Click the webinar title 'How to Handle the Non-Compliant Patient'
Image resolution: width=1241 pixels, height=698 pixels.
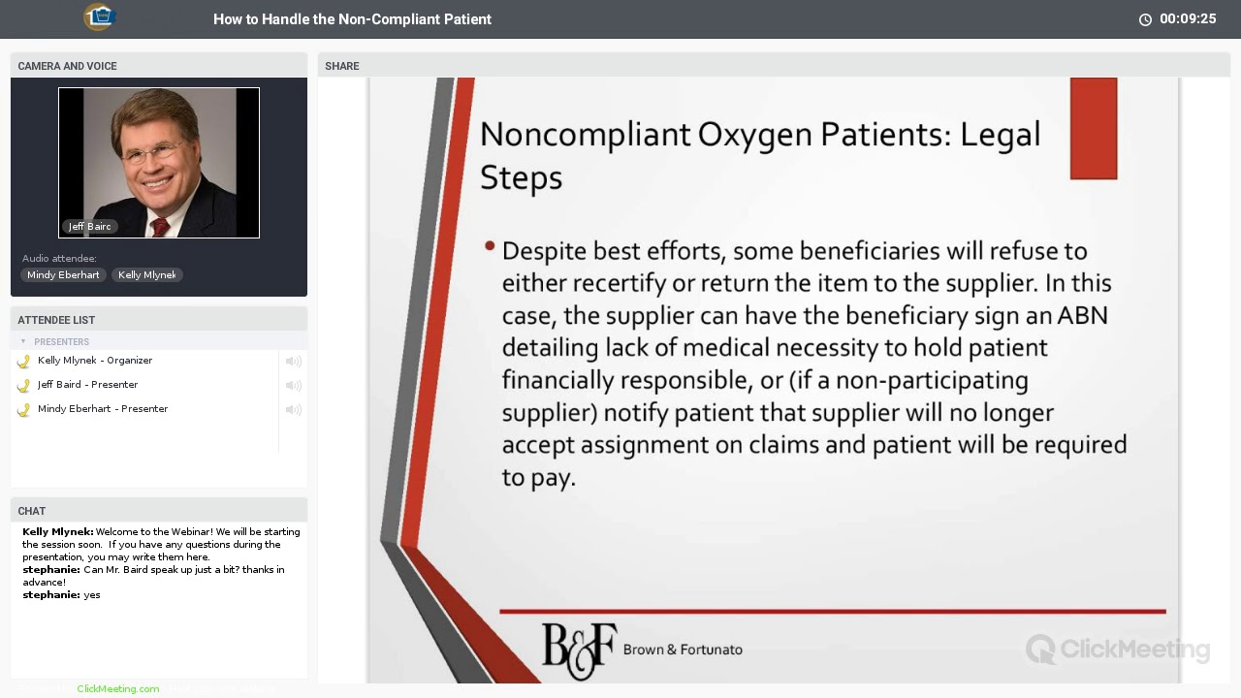pyautogui.click(x=352, y=19)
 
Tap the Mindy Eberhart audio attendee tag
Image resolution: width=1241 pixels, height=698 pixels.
pyautogui.click(x=63, y=275)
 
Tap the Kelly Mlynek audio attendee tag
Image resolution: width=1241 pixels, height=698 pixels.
pyautogui.click(x=147, y=275)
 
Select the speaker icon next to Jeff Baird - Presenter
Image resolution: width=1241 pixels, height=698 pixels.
pyautogui.click(x=293, y=386)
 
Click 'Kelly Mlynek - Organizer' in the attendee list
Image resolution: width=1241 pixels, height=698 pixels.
pyautogui.click(x=94, y=361)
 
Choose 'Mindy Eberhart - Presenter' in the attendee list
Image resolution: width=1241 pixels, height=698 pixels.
pyautogui.click(x=102, y=409)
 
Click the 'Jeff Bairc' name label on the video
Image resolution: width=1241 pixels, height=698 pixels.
pyautogui.click(x=89, y=227)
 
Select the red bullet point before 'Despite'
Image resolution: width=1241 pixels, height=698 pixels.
pyautogui.click(x=490, y=247)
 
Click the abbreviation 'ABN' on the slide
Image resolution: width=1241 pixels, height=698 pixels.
pyautogui.click(x=1082, y=316)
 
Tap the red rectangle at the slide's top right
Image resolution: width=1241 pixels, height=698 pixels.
pyautogui.click(x=1094, y=129)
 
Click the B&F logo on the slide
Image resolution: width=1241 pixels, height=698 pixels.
pyautogui.click(x=579, y=649)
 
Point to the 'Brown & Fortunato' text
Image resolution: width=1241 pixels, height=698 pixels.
pyautogui.click(x=683, y=650)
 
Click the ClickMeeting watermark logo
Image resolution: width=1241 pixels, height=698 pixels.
pyautogui.click(x=1118, y=649)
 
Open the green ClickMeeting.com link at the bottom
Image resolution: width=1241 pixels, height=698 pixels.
pyautogui.click(x=117, y=689)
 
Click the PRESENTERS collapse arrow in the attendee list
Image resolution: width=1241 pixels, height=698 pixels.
pyautogui.click(x=23, y=341)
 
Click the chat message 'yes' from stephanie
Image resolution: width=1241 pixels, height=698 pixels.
pyautogui.click(x=92, y=595)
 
